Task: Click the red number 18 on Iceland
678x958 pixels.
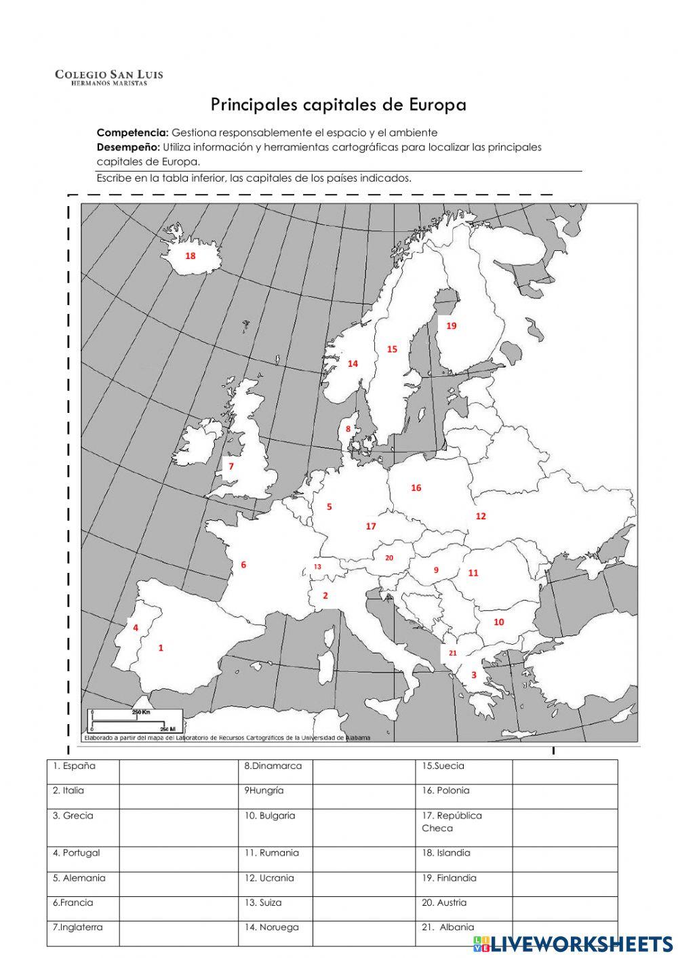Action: (191, 256)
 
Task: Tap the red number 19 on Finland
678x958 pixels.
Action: (452, 325)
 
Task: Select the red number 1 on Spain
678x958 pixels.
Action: (161, 647)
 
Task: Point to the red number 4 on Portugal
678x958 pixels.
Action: (136, 627)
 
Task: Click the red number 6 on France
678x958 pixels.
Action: (243, 564)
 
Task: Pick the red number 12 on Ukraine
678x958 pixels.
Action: (481, 516)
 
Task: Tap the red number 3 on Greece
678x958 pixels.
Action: (474, 675)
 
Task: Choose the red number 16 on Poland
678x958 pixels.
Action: (416, 487)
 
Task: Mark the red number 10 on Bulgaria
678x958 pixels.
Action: (499, 622)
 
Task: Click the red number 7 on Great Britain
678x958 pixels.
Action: (231, 466)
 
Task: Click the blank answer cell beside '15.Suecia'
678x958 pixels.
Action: (564, 772)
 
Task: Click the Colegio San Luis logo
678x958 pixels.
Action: (108, 77)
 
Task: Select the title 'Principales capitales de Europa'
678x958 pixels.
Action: (338, 105)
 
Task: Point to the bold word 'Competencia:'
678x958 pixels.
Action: (132, 132)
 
